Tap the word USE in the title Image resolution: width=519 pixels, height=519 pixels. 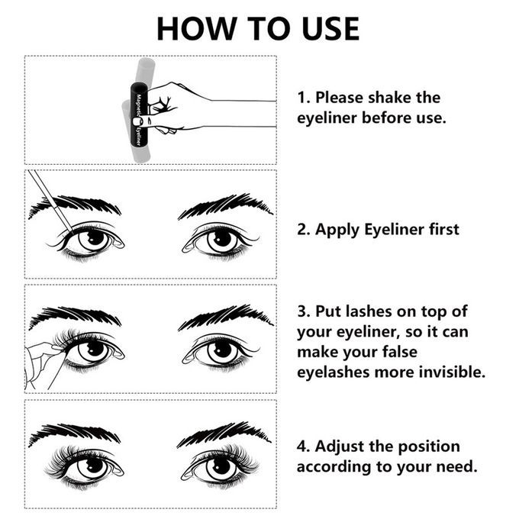tap(330, 29)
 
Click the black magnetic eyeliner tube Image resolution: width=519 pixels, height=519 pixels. tap(139, 114)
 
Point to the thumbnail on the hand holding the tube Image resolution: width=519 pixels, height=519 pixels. tap(137, 121)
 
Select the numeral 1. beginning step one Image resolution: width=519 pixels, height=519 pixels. tap(304, 98)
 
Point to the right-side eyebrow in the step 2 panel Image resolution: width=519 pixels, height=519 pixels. tap(226, 206)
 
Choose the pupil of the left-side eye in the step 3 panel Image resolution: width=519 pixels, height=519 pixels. tap(95, 349)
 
